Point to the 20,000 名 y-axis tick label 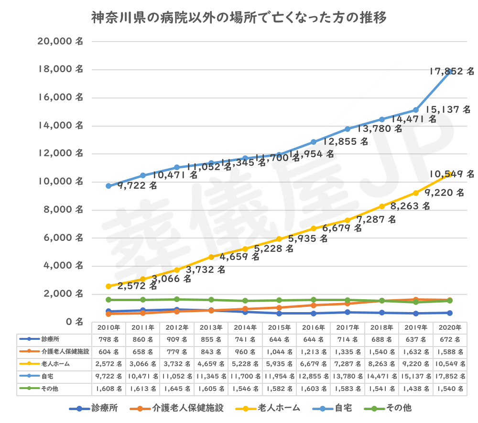(x=60, y=42)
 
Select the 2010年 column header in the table (x=109, y=327)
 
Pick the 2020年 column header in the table (x=450, y=327)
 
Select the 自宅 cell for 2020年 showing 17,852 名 (x=450, y=376)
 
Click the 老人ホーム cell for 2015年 (x=279, y=364)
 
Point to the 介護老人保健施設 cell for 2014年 (x=245, y=352)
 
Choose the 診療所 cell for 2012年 (x=177, y=339)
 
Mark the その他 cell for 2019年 (x=416, y=389)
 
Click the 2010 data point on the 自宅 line (x=109, y=186)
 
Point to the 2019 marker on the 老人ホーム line (x=416, y=193)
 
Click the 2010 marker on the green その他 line (x=109, y=300)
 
